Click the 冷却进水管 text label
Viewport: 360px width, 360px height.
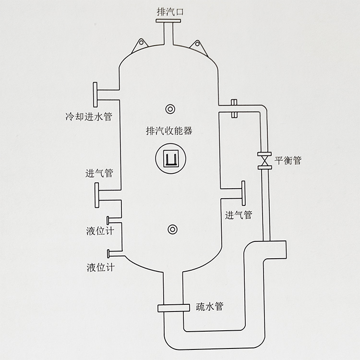point(88,117)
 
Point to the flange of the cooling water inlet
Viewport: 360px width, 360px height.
point(96,95)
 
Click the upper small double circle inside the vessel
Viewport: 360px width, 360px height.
point(169,109)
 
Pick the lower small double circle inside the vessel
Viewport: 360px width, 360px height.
point(169,229)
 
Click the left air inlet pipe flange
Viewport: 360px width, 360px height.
point(97,195)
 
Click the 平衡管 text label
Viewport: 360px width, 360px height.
point(288,160)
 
